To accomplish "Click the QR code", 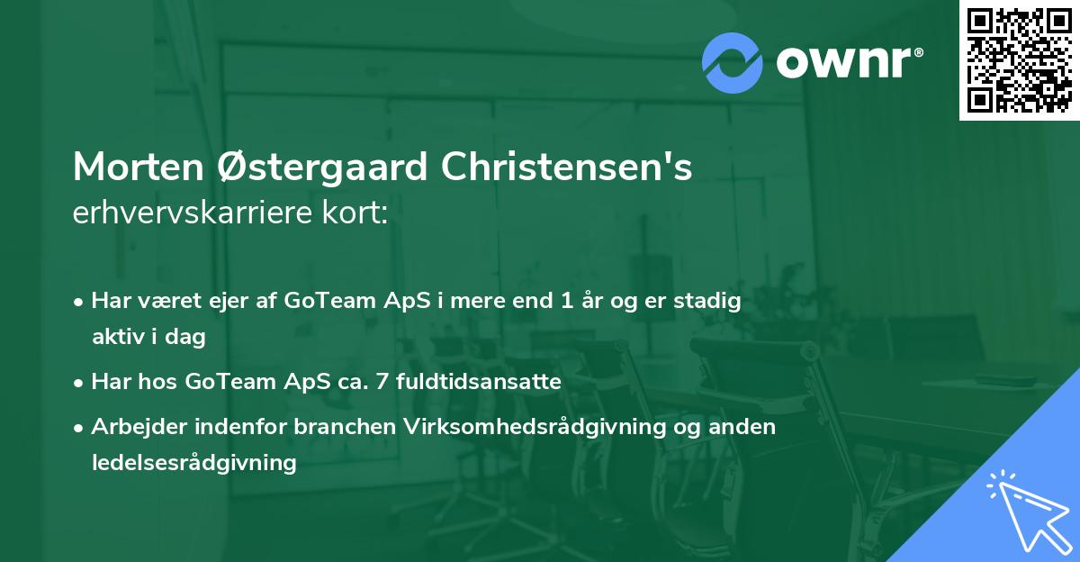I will (x=1019, y=59).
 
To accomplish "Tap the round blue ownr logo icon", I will (x=733, y=62).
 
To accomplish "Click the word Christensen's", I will (x=564, y=168).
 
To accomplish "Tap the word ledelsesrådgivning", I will (x=193, y=463).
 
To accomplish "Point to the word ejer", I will (x=238, y=302).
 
